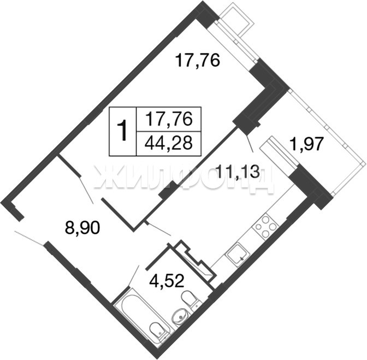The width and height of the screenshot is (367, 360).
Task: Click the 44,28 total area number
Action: [x=169, y=143]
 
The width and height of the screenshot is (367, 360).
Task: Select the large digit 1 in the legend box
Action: [x=122, y=131]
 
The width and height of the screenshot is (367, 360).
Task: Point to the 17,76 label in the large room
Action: [x=198, y=60]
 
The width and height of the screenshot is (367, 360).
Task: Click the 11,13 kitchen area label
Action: [x=239, y=171]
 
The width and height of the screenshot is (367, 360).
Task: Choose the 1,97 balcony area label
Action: [x=306, y=144]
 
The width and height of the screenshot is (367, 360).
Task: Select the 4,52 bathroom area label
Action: [x=167, y=280]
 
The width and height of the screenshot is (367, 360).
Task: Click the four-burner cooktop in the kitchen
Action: [x=266, y=227]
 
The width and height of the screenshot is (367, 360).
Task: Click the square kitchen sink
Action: [x=238, y=254]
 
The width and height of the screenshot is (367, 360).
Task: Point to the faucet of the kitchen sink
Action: [x=242, y=258]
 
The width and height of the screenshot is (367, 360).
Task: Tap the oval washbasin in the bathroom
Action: [x=180, y=316]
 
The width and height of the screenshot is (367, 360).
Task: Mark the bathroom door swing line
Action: [x=134, y=275]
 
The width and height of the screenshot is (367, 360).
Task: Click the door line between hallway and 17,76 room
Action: [x=86, y=190]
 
